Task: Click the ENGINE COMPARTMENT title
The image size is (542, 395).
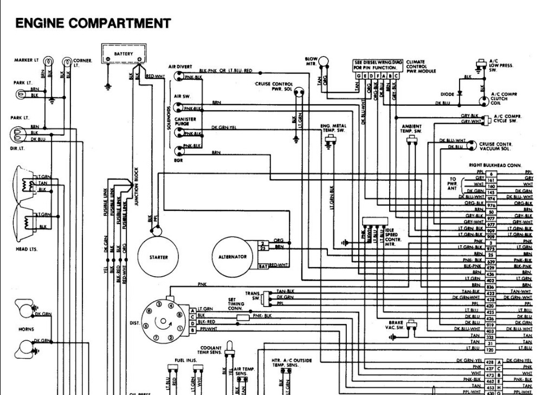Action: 93,23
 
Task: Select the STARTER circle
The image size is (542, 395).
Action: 159,257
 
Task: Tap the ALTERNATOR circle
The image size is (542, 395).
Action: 233,257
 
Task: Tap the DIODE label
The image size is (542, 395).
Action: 447,94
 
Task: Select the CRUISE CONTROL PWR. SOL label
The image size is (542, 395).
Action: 274,86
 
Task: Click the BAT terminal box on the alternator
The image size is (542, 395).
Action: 262,266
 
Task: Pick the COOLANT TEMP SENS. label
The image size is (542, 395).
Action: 210,350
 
